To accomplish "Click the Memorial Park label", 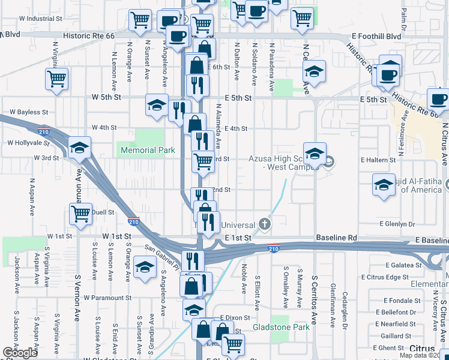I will click(147, 150).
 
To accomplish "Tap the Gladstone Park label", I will click(281, 327).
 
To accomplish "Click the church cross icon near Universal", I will click(265, 225).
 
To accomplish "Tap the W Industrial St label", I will click(35, 19).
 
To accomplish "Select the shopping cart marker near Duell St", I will click(80, 213).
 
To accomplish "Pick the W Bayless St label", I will click(28, 112).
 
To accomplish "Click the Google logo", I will click(20, 352).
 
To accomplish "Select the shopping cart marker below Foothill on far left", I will click(57, 79).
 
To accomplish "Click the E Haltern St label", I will click(378, 160).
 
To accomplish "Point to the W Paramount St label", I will click(107, 298).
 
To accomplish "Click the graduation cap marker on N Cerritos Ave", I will click(314, 72).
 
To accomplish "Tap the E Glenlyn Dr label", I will click(399, 224).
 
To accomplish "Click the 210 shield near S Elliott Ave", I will click(273, 248).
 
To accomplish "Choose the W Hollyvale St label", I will click(28, 143).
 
